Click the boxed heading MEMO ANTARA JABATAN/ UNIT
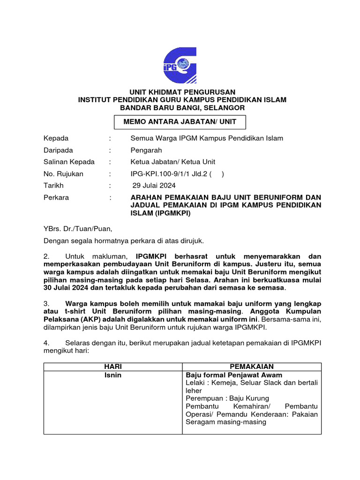tap(180, 122)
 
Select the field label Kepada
tap(56, 138)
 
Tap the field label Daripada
tap(59, 150)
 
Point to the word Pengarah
tap(146, 150)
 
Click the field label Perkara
tap(56, 197)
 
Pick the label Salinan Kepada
tap(69, 162)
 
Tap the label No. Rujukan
tap(63, 174)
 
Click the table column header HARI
tap(112, 366)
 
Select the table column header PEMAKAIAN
tap(252, 366)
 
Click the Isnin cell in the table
tap(112, 375)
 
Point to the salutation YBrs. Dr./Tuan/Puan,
tap(78, 229)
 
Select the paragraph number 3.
tap(46, 303)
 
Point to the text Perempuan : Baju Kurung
tap(227, 398)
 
